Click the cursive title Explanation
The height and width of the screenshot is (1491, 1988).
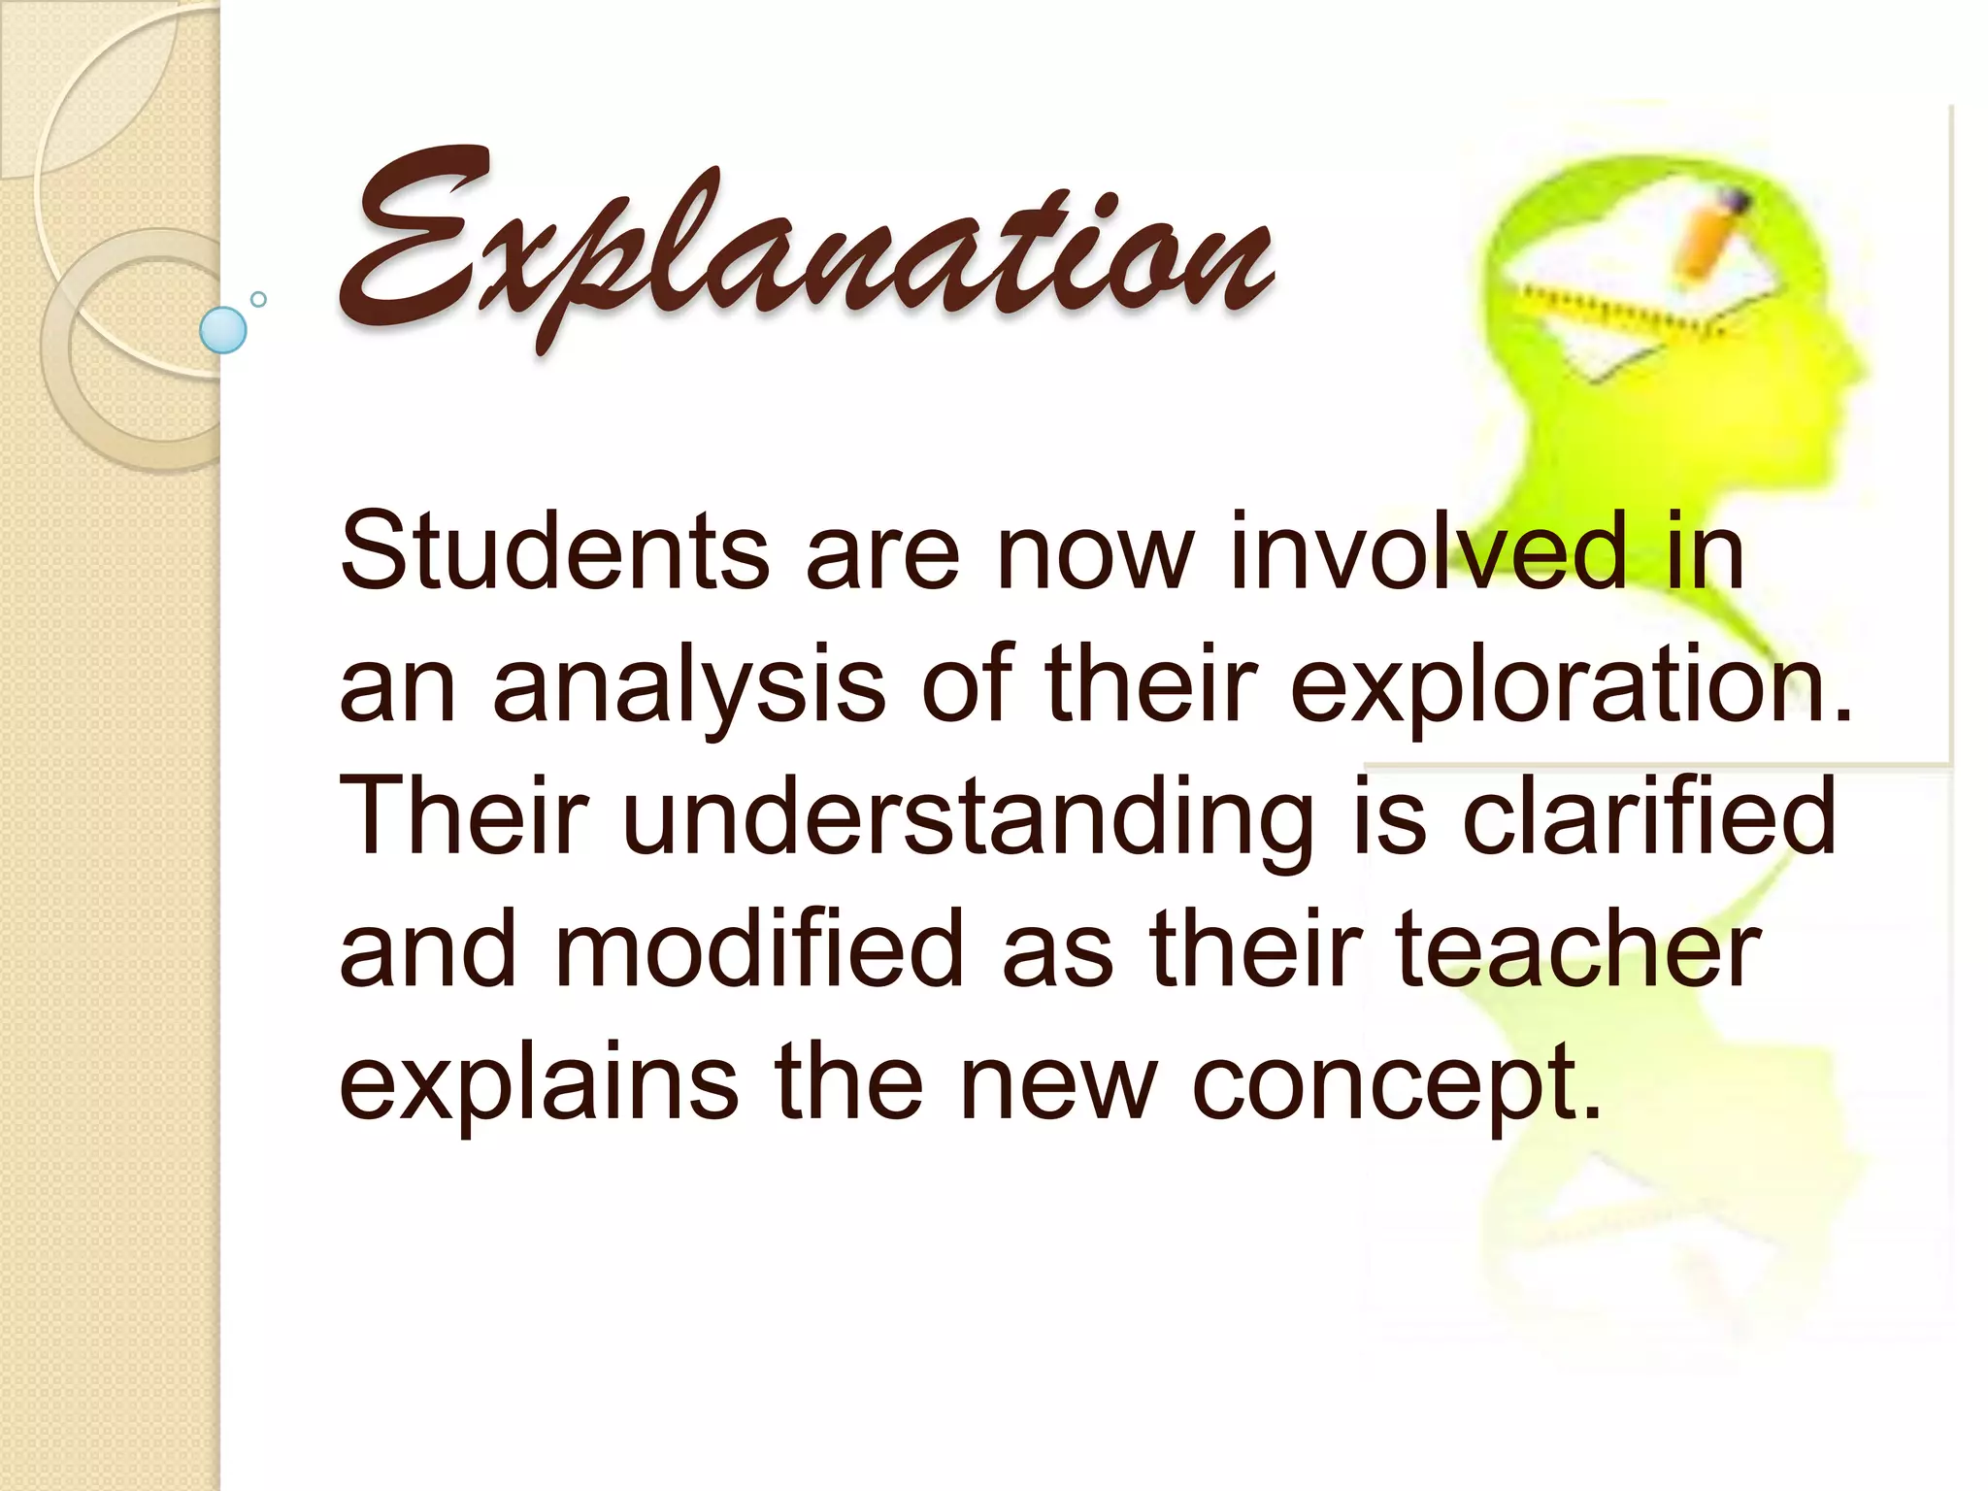click(x=806, y=243)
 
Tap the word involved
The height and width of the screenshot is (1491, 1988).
click(x=1427, y=552)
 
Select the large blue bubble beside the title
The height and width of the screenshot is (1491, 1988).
click(x=223, y=329)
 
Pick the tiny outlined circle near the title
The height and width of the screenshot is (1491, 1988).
click(x=258, y=299)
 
